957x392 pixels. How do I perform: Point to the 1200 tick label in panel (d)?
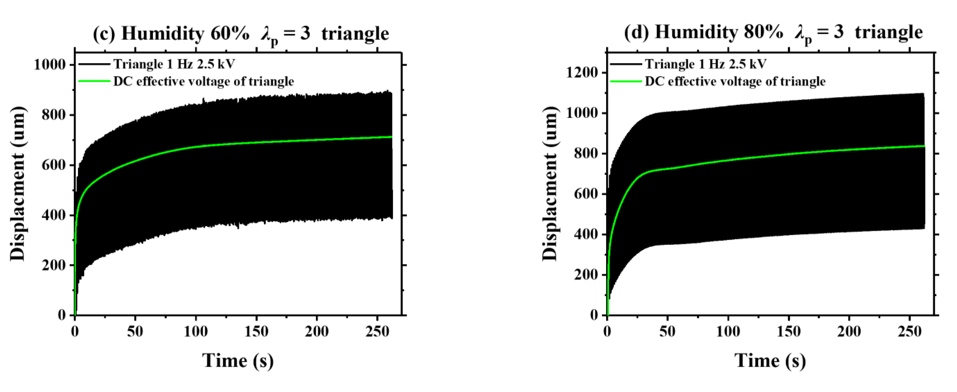[582, 72]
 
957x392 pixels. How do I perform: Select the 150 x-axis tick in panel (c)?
[256, 331]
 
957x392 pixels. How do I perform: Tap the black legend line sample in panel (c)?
[94, 64]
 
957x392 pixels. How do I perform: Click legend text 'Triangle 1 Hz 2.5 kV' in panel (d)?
[706, 64]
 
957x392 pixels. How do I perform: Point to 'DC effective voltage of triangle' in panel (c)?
[204, 81]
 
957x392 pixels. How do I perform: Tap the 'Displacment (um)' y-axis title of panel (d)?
[550, 184]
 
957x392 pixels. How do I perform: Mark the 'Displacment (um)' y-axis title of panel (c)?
[18, 184]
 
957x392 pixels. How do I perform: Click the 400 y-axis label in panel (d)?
[585, 235]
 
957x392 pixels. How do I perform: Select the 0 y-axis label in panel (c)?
[62, 315]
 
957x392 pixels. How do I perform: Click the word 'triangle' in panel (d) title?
[889, 33]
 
